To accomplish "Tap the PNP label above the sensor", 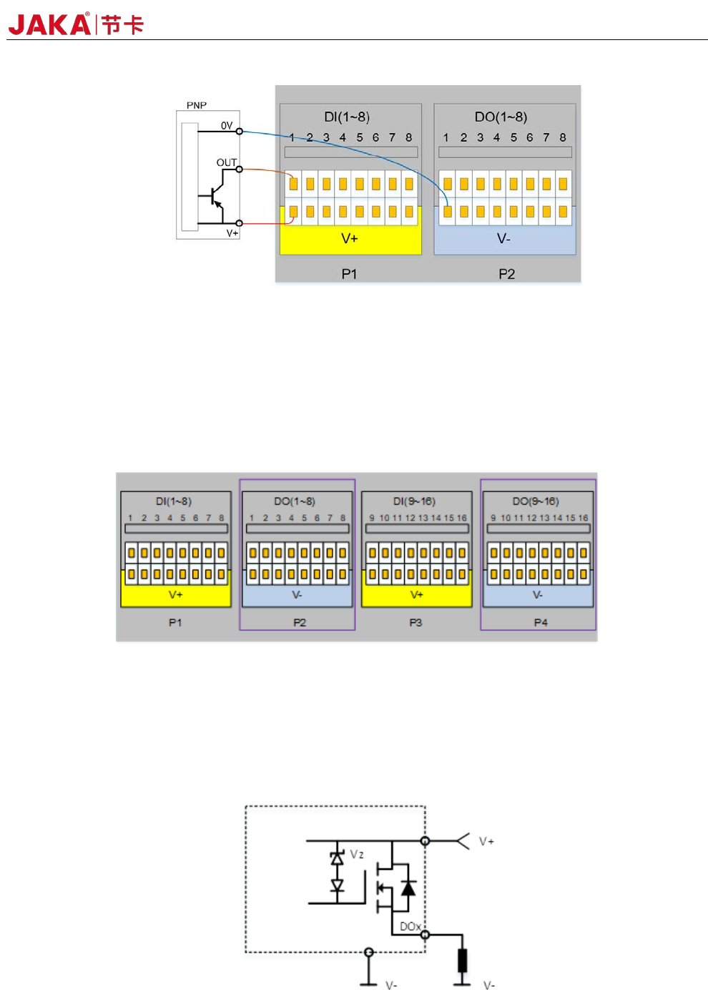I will (x=197, y=105).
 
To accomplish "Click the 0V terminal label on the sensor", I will (x=227, y=125).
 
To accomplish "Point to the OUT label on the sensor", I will (x=226, y=162).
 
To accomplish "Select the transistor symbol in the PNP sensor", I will (x=215, y=195).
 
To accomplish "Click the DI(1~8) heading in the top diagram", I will (x=347, y=117).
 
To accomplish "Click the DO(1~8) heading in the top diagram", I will (x=501, y=117).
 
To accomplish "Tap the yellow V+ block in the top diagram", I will (x=350, y=239).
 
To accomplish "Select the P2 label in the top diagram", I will (x=506, y=274).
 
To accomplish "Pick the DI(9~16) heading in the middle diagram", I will (x=414, y=501).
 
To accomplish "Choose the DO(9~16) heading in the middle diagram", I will (x=536, y=501).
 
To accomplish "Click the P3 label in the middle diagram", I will (x=416, y=622).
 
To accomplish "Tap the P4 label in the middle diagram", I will (x=541, y=622).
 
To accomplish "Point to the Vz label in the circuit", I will (x=357, y=854).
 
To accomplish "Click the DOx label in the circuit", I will (x=410, y=926).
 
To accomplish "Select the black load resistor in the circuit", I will (x=463, y=960).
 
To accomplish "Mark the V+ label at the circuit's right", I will (x=486, y=841).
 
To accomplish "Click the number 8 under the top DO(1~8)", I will (x=563, y=137).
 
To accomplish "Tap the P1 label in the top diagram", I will (x=349, y=274).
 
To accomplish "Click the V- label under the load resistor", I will (x=489, y=986).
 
